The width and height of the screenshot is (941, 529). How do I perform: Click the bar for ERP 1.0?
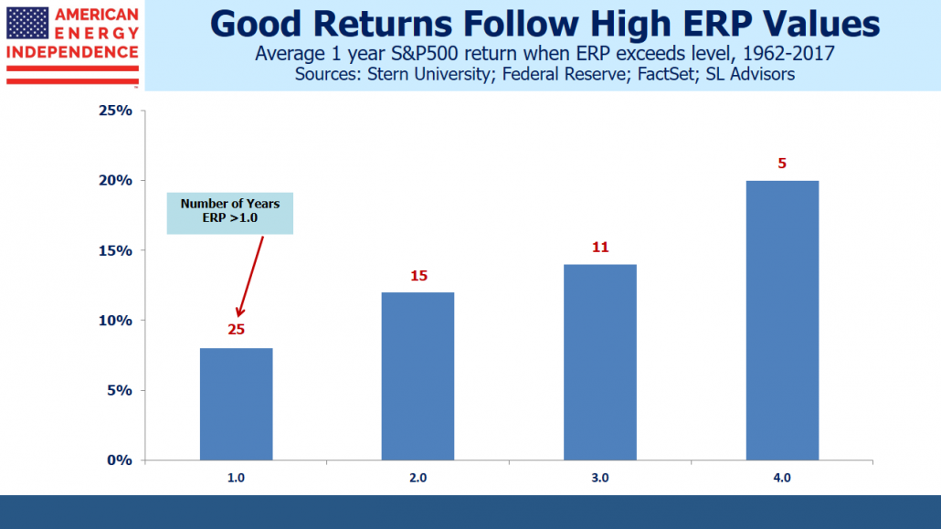click(x=236, y=404)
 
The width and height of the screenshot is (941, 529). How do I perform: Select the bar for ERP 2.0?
click(x=418, y=376)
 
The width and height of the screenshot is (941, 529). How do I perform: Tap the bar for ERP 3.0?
click(x=599, y=362)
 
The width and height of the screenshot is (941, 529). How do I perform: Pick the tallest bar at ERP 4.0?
click(x=782, y=320)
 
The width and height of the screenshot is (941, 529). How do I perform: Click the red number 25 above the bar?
click(x=236, y=331)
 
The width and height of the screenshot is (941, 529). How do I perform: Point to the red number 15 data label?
click(x=418, y=275)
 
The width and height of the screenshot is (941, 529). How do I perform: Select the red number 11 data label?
click(x=599, y=247)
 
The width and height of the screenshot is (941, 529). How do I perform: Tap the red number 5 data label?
click(x=782, y=164)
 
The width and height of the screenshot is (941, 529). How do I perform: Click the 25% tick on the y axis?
click(x=116, y=111)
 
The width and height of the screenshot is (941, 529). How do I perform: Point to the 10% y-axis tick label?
click(x=116, y=321)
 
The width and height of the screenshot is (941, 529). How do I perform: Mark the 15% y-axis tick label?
click(x=116, y=250)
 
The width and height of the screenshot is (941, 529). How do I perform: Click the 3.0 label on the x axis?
click(x=599, y=478)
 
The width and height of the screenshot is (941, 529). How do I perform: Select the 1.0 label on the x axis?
click(x=236, y=478)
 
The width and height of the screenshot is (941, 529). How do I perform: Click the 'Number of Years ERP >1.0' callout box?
click(x=229, y=214)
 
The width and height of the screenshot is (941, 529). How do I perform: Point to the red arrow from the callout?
click(x=251, y=274)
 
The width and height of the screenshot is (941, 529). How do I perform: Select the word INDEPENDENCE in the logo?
click(x=72, y=53)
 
